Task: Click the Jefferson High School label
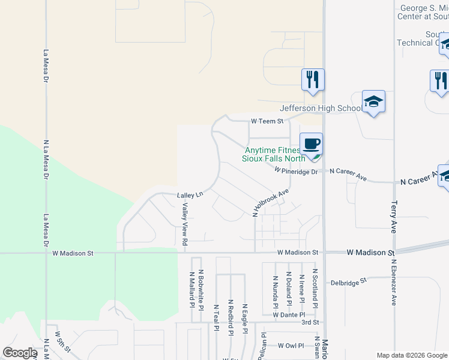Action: [321, 108]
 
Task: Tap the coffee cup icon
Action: [311, 145]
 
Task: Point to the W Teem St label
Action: [267, 121]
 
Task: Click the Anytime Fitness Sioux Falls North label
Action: [273, 155]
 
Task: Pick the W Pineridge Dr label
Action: [296, 171]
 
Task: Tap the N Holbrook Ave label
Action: [271, 202]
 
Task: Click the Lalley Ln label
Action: [190, 194]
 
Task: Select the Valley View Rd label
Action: [185, 224]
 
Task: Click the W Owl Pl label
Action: [292, 346]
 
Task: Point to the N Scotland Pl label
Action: [315, 288]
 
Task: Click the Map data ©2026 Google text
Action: [411, 355]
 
